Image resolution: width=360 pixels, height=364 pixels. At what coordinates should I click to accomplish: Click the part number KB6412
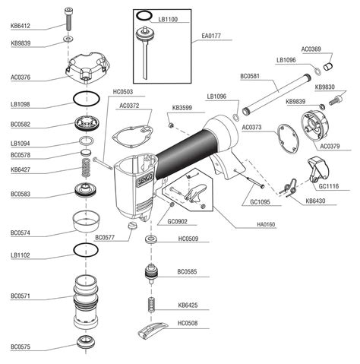[x=21, y=26]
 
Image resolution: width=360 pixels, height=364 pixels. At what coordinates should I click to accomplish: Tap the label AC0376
[x=21, y=76]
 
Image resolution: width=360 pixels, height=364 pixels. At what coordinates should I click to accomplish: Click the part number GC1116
[x=329, y=185]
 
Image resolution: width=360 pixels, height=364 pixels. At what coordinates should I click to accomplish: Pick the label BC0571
[x=21, y=296]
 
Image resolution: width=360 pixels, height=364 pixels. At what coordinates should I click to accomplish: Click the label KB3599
[x=182, y=108]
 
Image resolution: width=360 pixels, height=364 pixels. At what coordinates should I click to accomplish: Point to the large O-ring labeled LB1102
[x=90, y=249]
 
